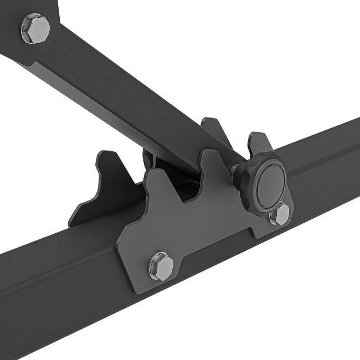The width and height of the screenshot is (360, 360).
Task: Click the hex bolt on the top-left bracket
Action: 36,28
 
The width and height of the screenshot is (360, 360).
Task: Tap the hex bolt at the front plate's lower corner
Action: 161,265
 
